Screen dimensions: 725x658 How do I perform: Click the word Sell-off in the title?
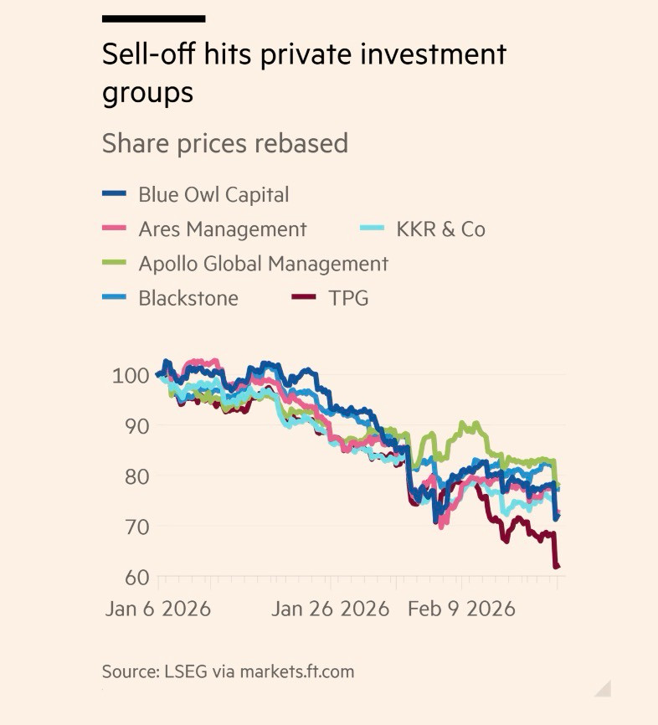143,55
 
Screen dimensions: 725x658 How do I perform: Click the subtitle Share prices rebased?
224,143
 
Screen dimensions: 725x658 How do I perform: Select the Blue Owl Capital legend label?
213,195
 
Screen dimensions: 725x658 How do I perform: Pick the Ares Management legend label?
222,229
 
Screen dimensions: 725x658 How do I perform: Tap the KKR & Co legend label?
440,229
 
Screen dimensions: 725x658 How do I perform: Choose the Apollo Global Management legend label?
263,264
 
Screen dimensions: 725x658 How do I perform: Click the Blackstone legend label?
188,298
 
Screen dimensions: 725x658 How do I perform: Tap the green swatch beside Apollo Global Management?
114,264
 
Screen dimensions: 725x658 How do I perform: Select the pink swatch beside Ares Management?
114,229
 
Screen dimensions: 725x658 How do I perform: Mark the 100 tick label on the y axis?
131,375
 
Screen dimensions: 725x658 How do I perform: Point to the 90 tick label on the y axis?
135,425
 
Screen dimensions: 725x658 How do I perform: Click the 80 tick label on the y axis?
135,476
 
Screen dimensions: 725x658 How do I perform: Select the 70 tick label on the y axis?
135,527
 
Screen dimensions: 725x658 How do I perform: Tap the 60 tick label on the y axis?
135,577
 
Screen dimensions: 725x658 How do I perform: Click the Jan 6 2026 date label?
157,609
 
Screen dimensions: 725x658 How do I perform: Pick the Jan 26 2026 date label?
331,609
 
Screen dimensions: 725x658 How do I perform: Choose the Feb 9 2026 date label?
460,609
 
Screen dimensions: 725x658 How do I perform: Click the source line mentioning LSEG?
228,671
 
